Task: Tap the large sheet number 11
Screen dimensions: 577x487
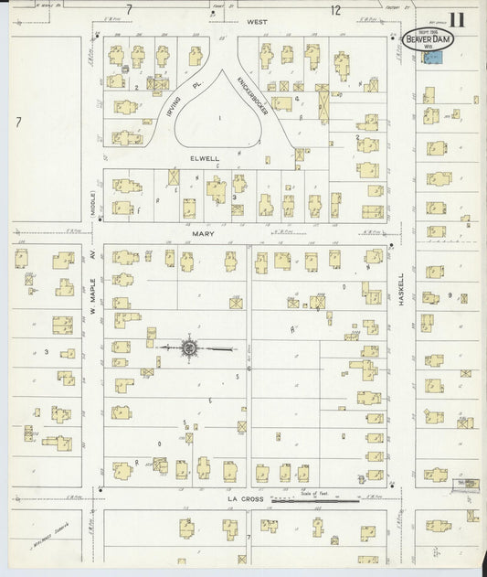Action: pos(458,19)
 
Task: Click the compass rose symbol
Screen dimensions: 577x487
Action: pos(190,347)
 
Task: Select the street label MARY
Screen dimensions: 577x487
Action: pos(203,234)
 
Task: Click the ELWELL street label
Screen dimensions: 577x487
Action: pos(205,158)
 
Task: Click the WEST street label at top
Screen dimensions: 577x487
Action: pos(230,19)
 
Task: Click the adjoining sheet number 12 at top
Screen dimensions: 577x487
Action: pos(335,10)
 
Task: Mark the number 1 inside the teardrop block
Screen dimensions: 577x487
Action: pos(219,119)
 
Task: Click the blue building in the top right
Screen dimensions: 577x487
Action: pos(432,57)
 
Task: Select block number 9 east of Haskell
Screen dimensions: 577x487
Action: pos(450,294)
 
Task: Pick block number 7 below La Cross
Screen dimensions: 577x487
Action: pos(248,537)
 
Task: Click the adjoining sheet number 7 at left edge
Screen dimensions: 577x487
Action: pos(17,121)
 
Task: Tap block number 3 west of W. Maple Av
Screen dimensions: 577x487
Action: pos(46,351)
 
